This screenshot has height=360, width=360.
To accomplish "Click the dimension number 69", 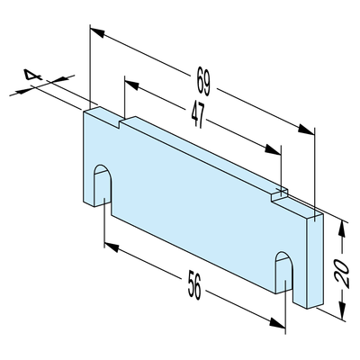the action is [x=203, y=81].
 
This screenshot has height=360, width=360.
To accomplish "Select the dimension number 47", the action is [x=198, y=115].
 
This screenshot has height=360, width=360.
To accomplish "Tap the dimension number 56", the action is [x=194, y=284].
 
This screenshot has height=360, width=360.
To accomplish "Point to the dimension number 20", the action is [x=342, y=273].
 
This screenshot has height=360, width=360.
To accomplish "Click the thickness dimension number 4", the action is [x=32, y=75].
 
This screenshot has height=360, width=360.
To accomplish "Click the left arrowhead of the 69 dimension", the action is [x=97, y=32].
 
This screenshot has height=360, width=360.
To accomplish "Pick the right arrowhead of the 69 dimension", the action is [x=306, y=130].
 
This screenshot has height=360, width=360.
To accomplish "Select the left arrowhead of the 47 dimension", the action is [x=131, y=85].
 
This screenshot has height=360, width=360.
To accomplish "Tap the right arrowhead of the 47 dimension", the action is [x=273, y=149].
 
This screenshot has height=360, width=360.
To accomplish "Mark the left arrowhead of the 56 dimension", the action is [x=112, y=247].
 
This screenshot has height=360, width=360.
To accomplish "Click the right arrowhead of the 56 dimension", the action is [x=277, y=322].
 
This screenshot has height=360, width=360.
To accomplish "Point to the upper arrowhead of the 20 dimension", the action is [x=341, y=230].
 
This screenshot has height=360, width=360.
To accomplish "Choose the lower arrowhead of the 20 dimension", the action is [x=341, y=310].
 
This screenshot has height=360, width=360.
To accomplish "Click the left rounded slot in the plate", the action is [x=103, y=185].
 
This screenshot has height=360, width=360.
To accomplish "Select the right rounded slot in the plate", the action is [x=283, y=272].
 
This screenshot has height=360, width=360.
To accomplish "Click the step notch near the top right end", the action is [x=280, y=195].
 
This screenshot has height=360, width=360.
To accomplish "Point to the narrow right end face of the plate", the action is [x=315, y=262].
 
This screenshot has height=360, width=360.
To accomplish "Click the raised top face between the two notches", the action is [x=204, y=155].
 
